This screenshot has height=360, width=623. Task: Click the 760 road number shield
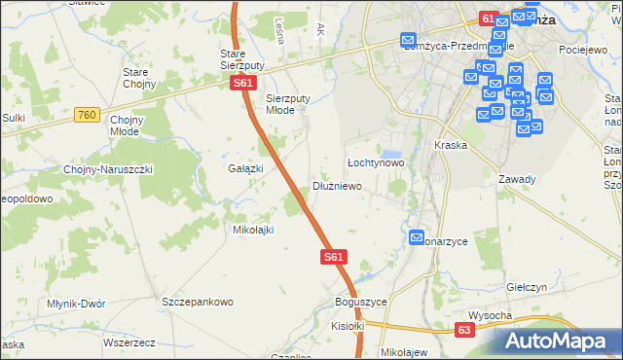coord(87,115)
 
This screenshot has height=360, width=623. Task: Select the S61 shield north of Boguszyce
coord(334,257)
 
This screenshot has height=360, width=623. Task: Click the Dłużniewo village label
coord(337,185)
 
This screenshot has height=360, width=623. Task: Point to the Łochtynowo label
coord(376,162)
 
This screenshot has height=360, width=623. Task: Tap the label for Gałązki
coord(246,168)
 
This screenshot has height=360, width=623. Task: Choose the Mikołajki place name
coord(252,230)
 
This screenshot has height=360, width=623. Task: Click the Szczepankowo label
coord(199,302)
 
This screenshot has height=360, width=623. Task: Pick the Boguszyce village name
coord(360,302)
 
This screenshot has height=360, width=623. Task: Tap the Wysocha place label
coord(490,315)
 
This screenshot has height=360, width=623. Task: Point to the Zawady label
coord(517,179)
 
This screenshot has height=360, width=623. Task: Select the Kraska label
coord(452,145)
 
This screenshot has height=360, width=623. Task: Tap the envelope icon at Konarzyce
coord(416,237)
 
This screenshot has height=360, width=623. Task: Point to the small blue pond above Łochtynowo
coord(391,154)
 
